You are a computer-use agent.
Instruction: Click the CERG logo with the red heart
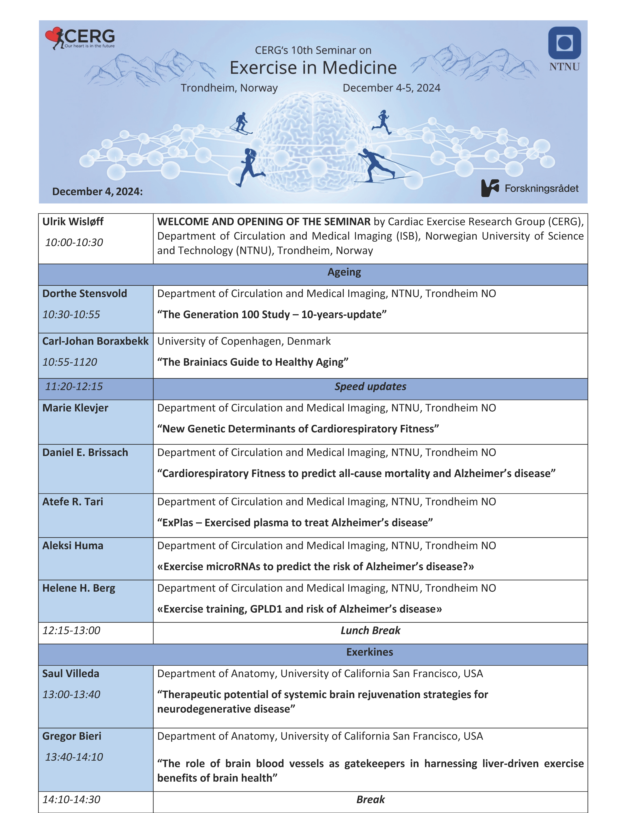pos(80,38)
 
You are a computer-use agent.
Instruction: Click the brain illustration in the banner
pos(313,142)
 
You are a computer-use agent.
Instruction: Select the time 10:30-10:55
pos(71,315)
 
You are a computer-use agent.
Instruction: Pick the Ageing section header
pos(344,272)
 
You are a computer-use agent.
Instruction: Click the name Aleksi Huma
pos(73,546)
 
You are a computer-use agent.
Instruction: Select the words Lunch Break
pos(370,631)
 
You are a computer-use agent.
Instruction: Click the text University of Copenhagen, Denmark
pos(244,341)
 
